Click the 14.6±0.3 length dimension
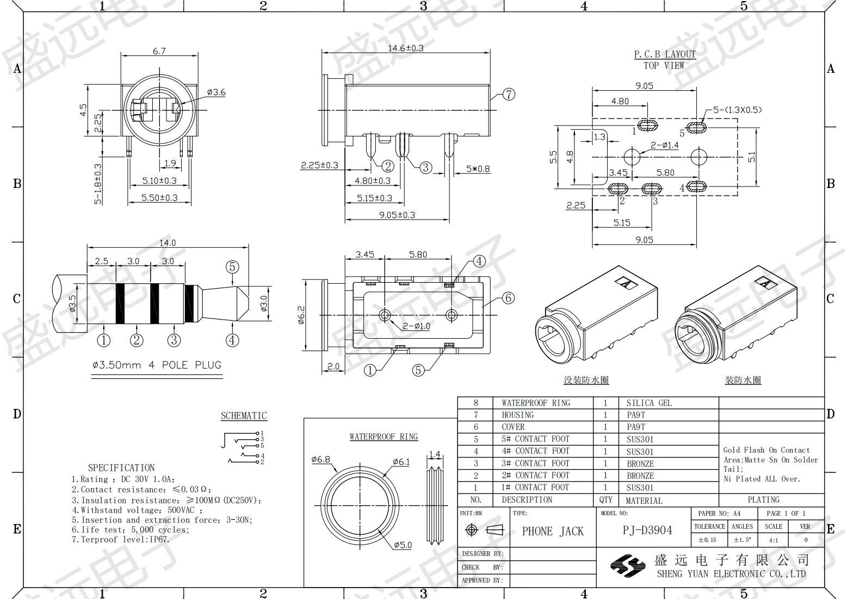[406, 48]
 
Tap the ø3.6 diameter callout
[216, 92]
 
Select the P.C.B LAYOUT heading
[665, 54]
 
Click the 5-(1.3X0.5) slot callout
[738, 110]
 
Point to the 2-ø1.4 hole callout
[665, 145]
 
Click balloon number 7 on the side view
[509, 94]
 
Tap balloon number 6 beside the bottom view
[509, 298]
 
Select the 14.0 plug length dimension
[168, 242]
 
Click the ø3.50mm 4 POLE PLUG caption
[157, 365]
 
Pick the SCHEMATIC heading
[244, 416]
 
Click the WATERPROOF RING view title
[384, 436]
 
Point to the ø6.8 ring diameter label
[320, 459]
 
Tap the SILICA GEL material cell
[649, 403]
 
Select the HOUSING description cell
[517, 415]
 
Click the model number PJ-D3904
[647, 530]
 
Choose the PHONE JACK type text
[553, 531]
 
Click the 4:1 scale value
[773, 540]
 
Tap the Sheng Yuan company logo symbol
[628, 566]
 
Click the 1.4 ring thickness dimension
[435, 454]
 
